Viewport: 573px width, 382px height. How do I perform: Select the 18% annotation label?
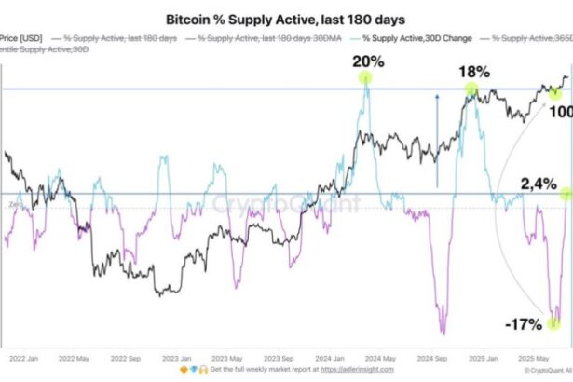click(x=471, y=72)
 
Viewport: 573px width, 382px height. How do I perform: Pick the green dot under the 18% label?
click(x=471, y=89)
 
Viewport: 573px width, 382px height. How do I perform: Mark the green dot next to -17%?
click(x=553, y=323)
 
